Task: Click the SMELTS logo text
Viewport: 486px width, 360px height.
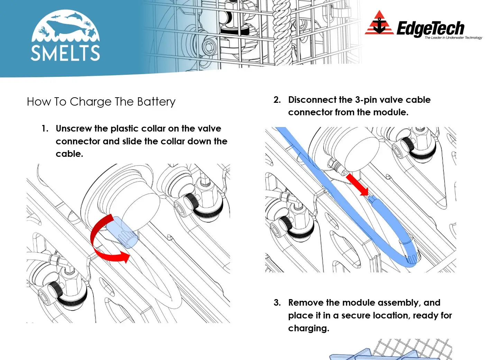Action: tap(65, 53)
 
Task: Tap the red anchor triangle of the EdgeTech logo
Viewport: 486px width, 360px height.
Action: tap(379, 24)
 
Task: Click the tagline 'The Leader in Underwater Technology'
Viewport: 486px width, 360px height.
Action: tap(453, 38)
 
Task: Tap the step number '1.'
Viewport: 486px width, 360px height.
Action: tap(45, 129)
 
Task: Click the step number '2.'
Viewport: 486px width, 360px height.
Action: tap(277, 100)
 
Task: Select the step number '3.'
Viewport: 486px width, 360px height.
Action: tap(277, 303)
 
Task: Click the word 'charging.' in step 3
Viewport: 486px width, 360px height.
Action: tap(308, 328)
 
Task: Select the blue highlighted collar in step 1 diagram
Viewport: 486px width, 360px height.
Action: tap(122, 233)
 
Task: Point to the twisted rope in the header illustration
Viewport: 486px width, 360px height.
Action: tap(282, 31)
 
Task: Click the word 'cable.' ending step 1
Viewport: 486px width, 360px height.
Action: tap(69, 154)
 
